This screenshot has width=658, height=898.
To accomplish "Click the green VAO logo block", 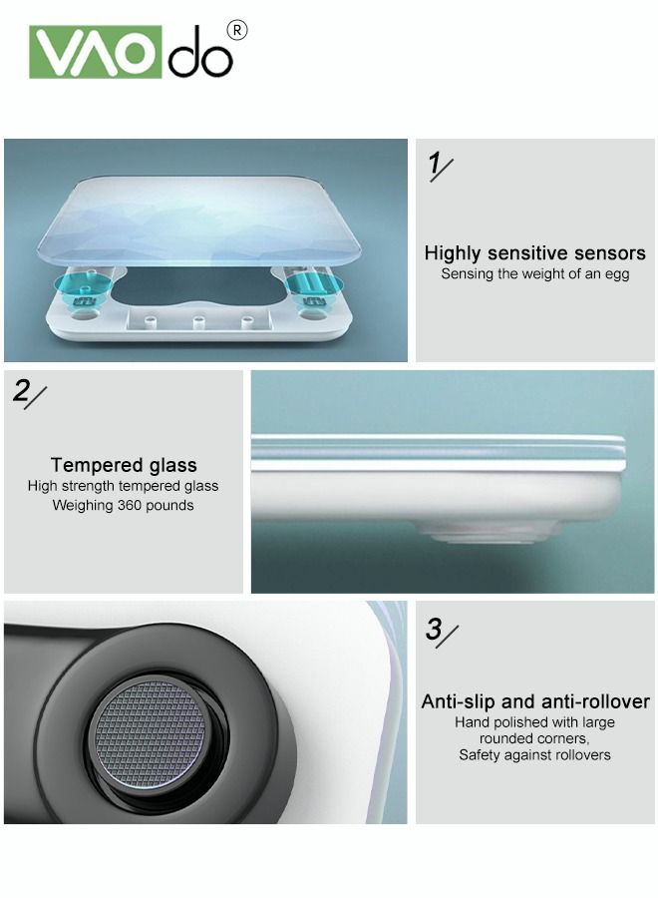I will point(95,52).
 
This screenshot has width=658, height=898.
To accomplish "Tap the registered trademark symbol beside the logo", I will point(237,31).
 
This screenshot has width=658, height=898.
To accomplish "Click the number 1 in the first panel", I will point(434,165).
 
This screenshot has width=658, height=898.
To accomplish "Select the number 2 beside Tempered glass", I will point(22,391).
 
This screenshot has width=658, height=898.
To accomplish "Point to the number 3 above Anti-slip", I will point(434,630).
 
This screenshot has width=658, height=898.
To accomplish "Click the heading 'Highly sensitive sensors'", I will point(534,253).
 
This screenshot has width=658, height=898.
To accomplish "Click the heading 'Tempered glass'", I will point(124,465).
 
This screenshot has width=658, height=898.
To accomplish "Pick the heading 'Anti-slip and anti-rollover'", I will point(534,701).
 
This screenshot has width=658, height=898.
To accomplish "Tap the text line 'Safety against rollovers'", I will point(534,755).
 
